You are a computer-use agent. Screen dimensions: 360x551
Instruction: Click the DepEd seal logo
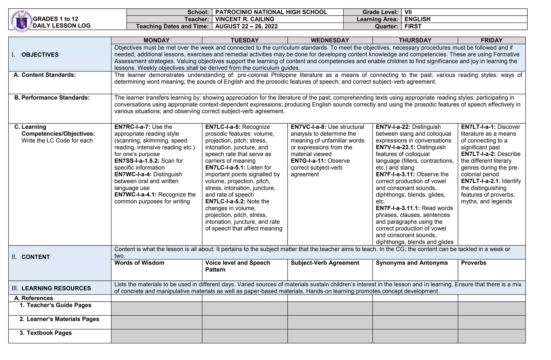[x=21, y=21]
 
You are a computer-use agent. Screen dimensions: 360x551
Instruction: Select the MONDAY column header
[x=156, y=40]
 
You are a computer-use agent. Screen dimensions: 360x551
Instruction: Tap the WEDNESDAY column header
[x=330, y=40]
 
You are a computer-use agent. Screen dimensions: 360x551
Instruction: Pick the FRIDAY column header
[x=492, y=40]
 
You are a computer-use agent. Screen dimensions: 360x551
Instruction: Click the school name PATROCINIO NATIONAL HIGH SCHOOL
[x=271, y=12]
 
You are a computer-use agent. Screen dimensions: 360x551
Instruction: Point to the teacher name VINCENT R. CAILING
[x=245, y=19]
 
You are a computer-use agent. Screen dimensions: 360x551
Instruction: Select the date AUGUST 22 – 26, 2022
[x=246, y=26]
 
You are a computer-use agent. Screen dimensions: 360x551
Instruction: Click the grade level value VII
[x=408, y=12]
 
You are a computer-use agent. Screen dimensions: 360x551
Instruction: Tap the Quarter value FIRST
[x=413, y=26]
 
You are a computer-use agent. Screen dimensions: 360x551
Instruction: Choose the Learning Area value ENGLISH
[x=417, y=19]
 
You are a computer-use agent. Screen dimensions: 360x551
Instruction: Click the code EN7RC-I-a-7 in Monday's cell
[x=132, y=127]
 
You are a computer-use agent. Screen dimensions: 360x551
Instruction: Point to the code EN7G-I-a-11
[x=308, y=161]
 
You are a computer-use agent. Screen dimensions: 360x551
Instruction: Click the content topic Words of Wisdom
[x=139, y=263]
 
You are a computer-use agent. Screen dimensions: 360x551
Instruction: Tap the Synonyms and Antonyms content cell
[x=412, y=263]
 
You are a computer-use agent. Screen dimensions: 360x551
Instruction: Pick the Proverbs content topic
[x=474, y=263]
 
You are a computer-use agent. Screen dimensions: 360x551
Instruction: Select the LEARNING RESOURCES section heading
[x=56, y=288]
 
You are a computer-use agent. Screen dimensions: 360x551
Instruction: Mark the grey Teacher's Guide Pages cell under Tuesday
[x=245, y=308]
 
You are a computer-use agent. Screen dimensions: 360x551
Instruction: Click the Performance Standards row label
[x=55, y=98]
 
